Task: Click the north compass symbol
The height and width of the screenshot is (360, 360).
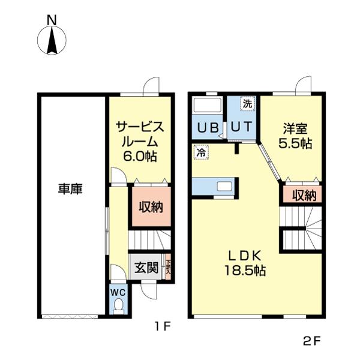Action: pos(52,40)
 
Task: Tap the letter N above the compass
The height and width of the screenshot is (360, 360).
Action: pos(52,19)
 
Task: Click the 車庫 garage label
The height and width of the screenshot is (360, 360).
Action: pos(70,188)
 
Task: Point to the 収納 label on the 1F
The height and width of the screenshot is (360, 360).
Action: pos(151,207)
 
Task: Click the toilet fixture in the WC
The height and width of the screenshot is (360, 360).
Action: pos(118,307)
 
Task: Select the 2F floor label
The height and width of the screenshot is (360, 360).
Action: pos(312,342)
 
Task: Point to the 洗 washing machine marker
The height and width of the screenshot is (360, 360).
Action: pos(247,104)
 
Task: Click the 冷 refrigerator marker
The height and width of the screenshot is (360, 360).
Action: pos(200,153)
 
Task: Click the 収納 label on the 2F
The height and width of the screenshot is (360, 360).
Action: pos(304,195)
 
